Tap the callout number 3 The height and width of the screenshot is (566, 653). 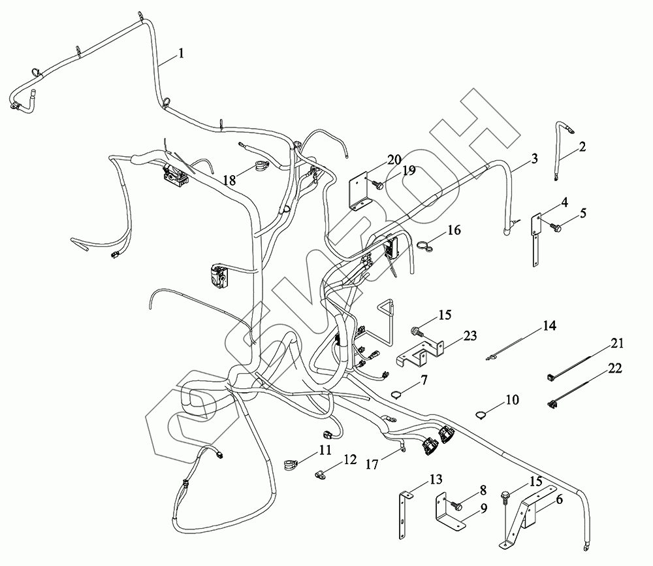tap(534, 158)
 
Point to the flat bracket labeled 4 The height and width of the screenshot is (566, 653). tap(534, 239)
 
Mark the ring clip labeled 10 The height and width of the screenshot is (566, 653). tap(482, 412)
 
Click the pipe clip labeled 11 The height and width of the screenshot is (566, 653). tap(291, 465)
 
